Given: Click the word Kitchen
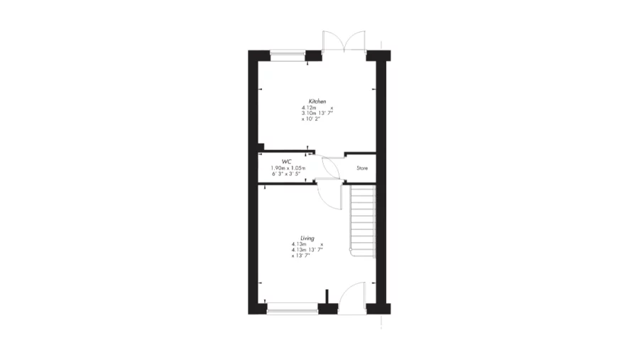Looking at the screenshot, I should point(317,102).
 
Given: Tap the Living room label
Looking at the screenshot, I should point(307,239).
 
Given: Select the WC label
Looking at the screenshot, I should point(287,162).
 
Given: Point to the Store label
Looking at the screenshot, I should point(362,168).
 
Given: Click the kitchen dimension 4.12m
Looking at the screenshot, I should point(309,108).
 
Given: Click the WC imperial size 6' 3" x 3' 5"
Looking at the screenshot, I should point(286,173).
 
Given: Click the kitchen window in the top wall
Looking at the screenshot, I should point(288,53).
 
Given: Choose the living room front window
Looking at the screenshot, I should point(293,307).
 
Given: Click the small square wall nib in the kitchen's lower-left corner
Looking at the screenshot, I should point(261,147).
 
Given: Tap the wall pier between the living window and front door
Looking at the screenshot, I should point(328,308).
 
